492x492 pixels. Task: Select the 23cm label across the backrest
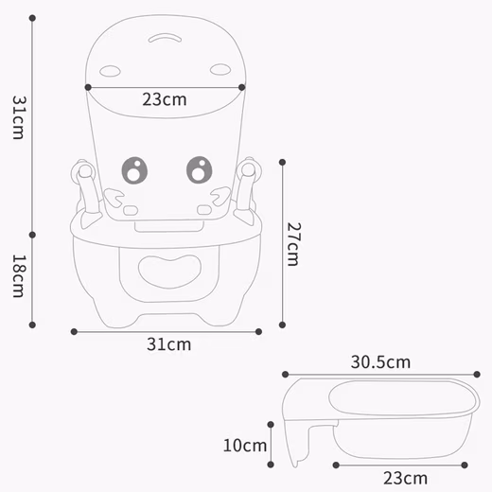(x=165, y=98)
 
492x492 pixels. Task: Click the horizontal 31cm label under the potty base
(x=168, y=344)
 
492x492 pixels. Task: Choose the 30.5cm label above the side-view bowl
(x=380, y=361)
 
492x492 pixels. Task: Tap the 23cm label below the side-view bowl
(x=406, y=478)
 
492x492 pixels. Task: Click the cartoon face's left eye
(x=135, y=170)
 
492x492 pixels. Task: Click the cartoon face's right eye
(x=199, y=170)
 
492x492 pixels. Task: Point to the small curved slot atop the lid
(x=166, y=40)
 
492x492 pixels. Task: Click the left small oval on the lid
(x=111, y=70)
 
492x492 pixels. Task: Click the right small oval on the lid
(x=220, y=69)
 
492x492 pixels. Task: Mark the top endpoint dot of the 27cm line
(x=283, y=162)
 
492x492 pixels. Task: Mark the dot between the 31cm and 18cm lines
(x=32, y=234)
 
